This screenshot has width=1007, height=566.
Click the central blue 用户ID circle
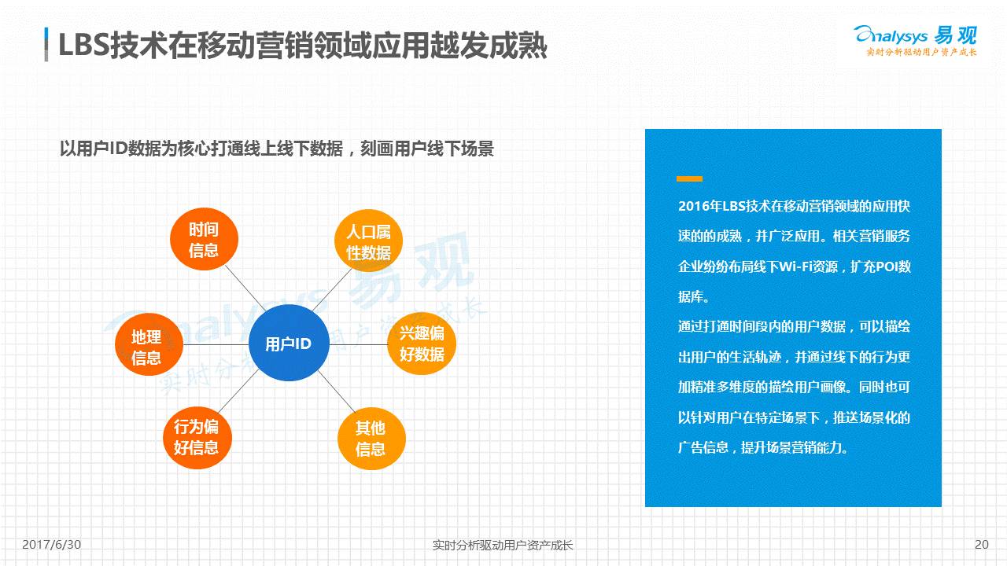tap(287, 344)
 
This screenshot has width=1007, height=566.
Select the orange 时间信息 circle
tap(204, 240)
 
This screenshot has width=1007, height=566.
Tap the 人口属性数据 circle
tap(368, 242)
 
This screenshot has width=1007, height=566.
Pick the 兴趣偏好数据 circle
tap(422, 344)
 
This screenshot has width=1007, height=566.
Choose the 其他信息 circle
tap(371, 439)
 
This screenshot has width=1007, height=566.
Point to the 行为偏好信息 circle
tap(196, 437)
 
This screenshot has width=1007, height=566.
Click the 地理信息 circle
tap(147, 347)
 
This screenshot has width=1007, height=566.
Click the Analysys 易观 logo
tap(915, 39)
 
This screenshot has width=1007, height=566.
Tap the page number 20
tap(981, 544)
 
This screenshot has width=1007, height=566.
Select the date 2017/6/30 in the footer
tap(52, 544)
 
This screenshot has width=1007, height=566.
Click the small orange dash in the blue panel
tap(689, 179)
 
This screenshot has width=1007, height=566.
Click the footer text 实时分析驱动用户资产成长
tap(503, 545)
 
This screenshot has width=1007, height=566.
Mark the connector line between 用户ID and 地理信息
tap(216, 344)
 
